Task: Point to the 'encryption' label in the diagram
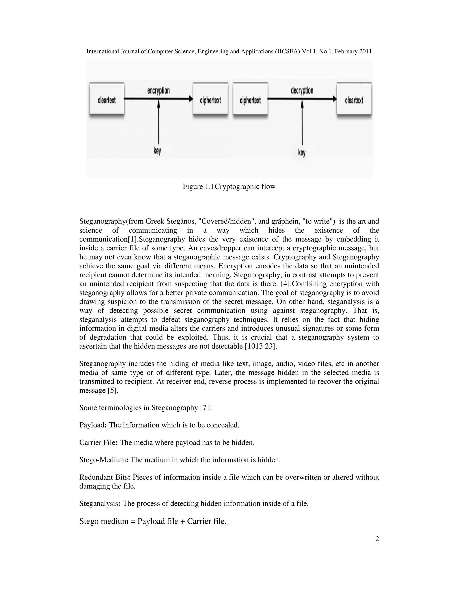158,91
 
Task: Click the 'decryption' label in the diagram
302,91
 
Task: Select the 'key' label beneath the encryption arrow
157,150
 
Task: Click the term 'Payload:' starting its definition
93,425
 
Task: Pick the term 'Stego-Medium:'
104,460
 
